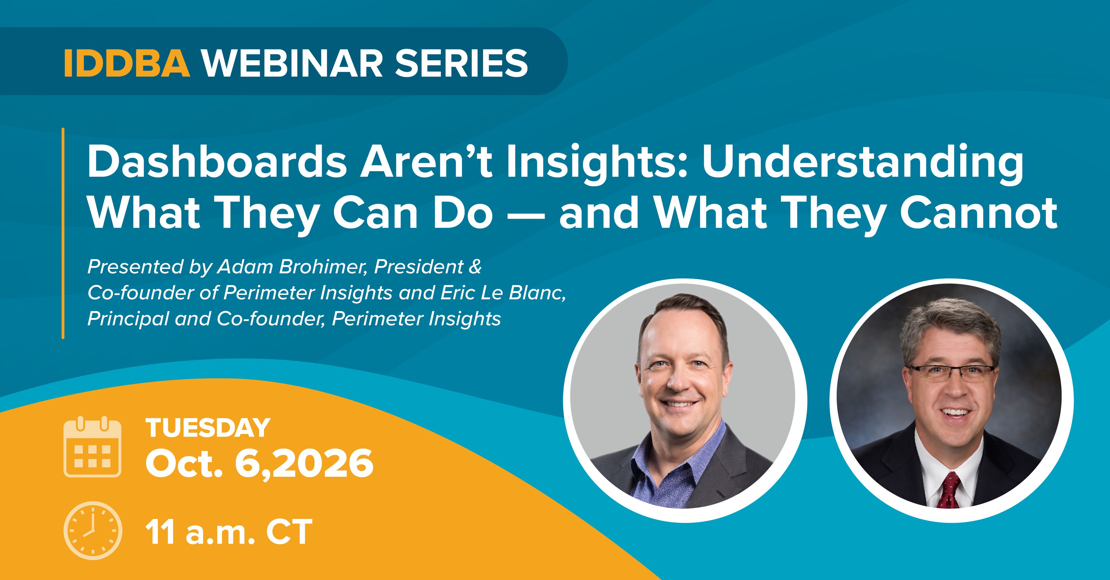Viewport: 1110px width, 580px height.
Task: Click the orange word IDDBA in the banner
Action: [x=127, y=63]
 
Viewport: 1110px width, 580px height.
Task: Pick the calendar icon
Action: [x=92, y=447]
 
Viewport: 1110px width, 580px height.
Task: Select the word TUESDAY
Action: [x=208, y=428]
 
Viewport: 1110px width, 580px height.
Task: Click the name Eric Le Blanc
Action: [x=502, y=293]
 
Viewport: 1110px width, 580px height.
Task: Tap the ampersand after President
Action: [x=475, y=267]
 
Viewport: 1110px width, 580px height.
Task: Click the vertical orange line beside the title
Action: [x=63, y=233]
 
